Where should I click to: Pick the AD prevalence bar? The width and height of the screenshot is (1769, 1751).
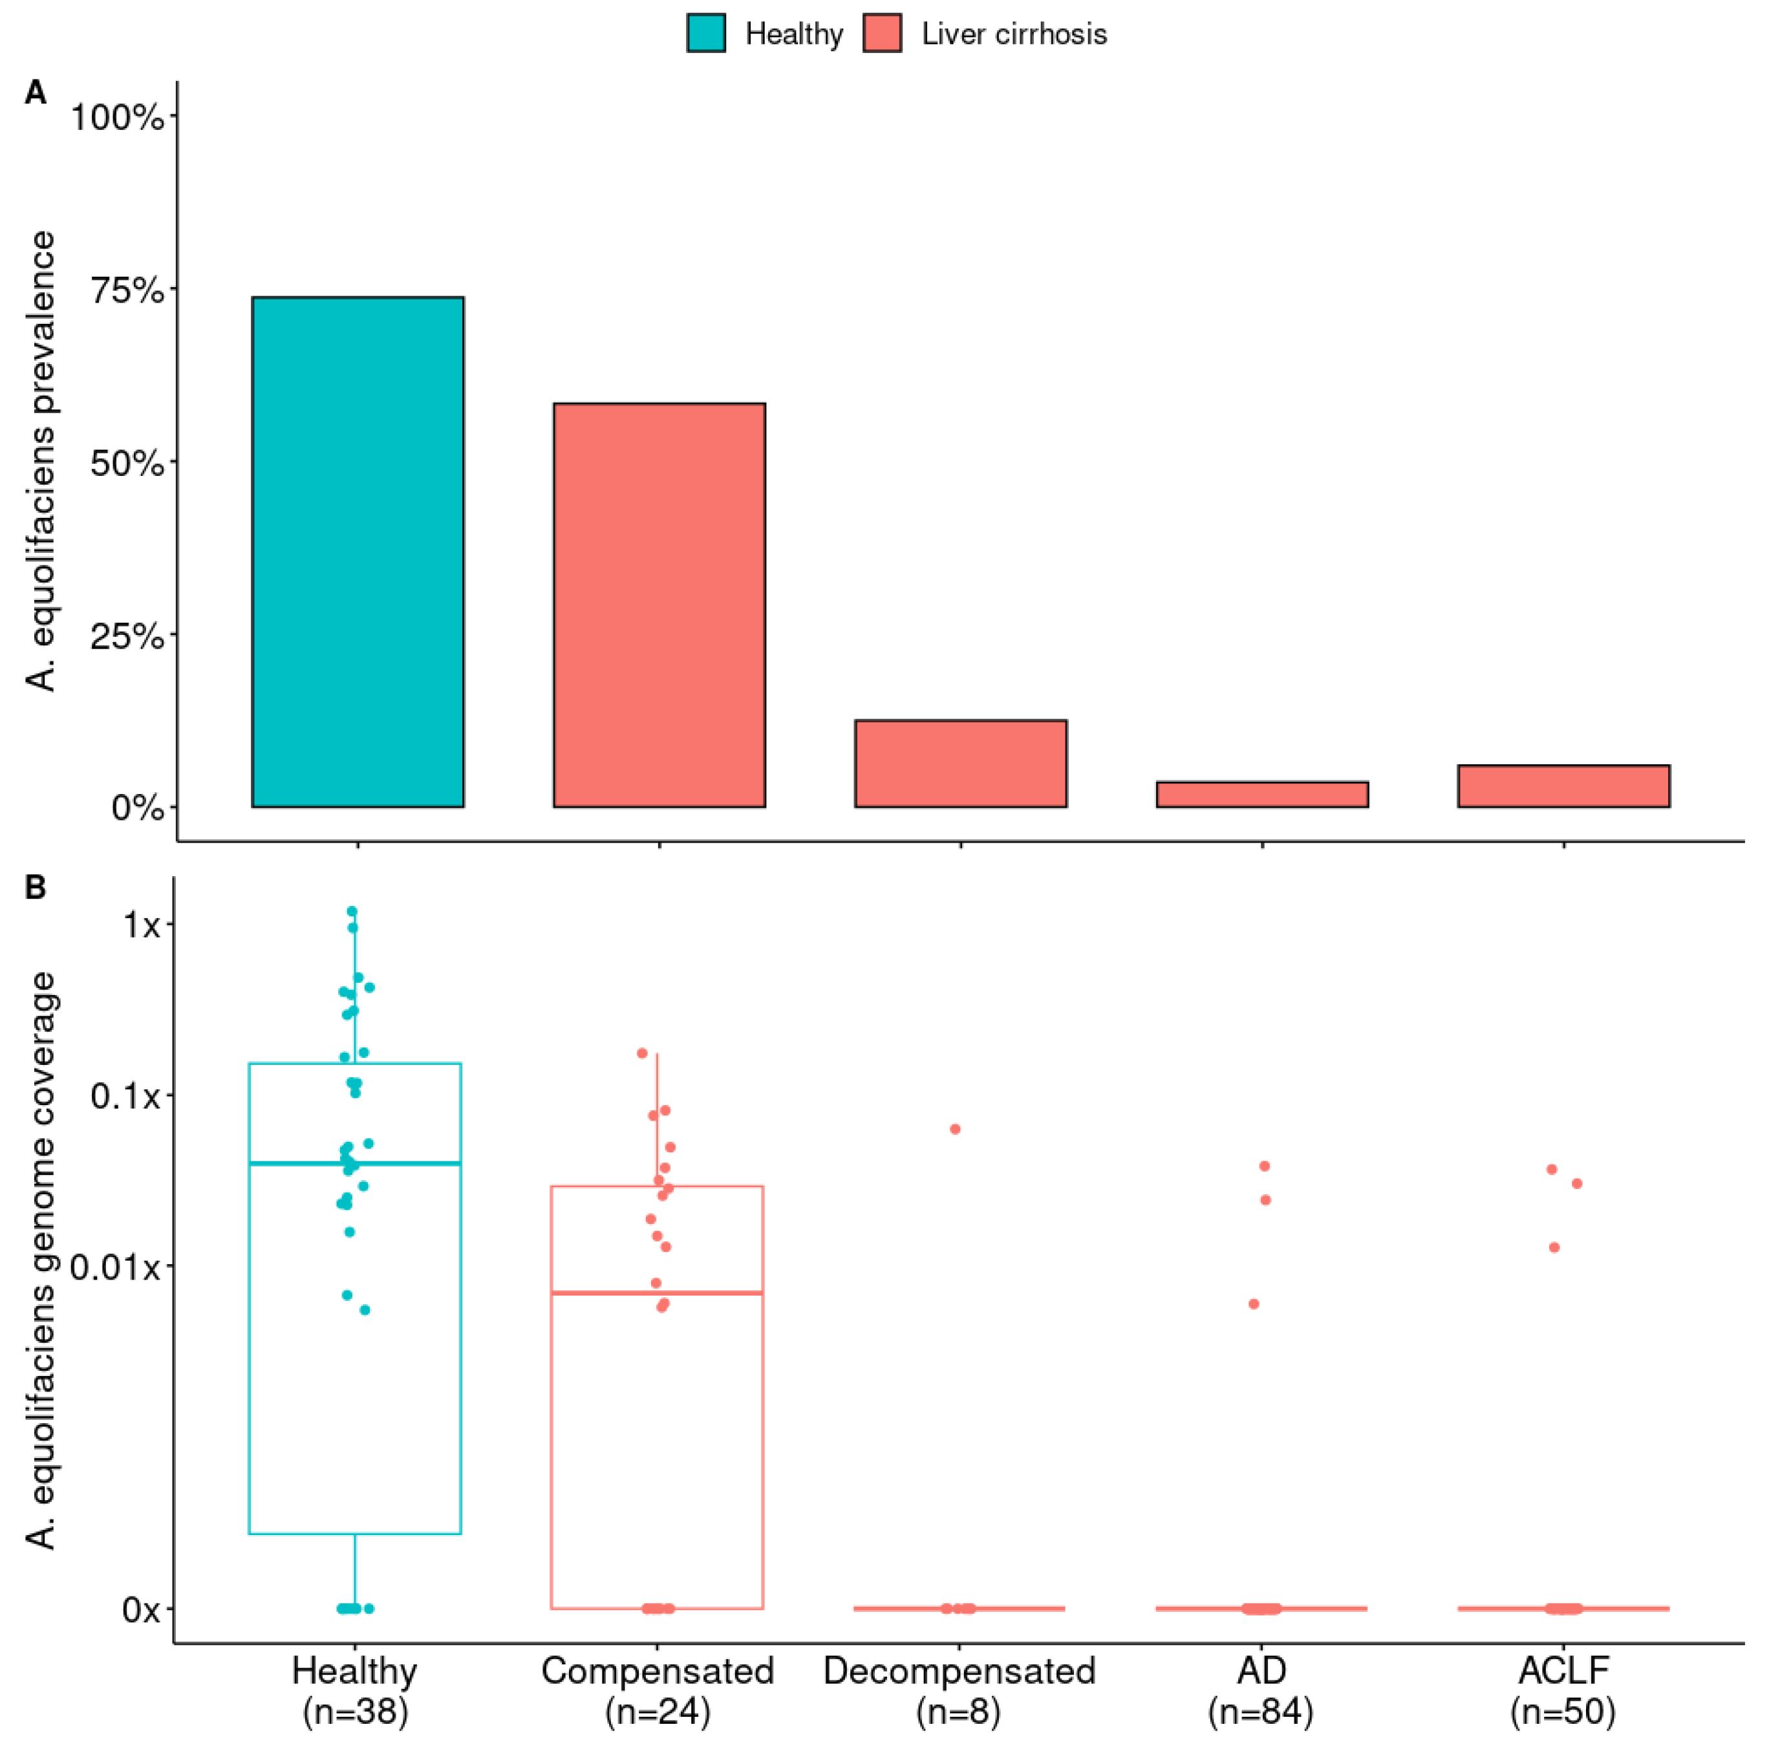click(1261, 794)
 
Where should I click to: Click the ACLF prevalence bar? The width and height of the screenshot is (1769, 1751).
click(1562, 786)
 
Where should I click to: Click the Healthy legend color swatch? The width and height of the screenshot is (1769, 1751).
click(706, 34)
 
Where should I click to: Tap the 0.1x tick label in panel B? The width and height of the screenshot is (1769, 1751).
click(126, 1094)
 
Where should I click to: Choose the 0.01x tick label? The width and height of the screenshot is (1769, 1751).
click(115, 1267)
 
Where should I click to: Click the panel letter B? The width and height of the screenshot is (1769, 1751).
click(35, 887)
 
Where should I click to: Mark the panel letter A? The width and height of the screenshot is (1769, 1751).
click(35, 92)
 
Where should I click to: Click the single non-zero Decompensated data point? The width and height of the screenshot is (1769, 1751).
click(954, 1129)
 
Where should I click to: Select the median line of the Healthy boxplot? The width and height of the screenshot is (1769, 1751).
click(354, 1163)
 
